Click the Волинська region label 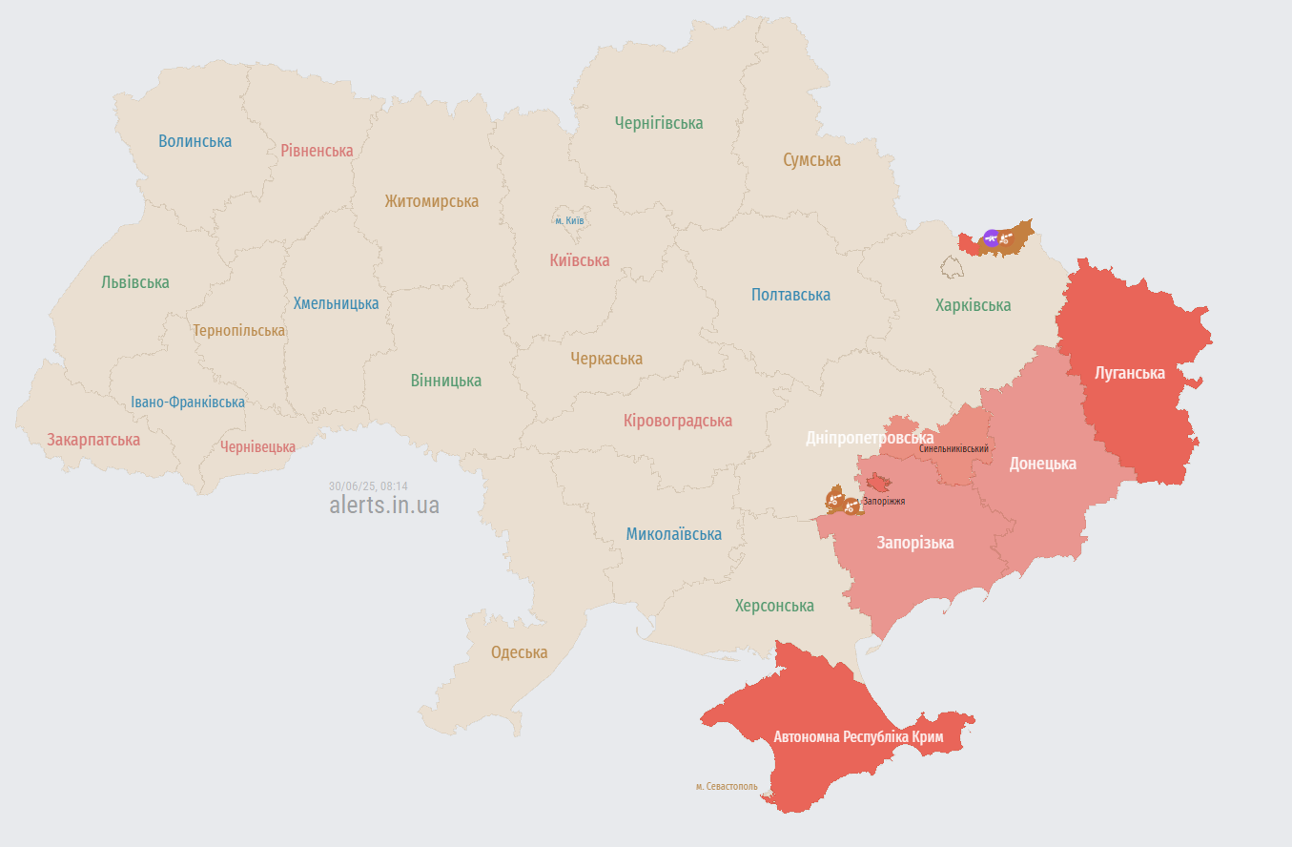point(195,141)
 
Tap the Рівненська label point(317,151)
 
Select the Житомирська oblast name point(431,201)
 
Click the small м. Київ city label point(569,221)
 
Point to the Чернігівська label point(658,123)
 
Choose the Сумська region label point(811,159)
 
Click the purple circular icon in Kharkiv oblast point(991,238)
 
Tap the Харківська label point(973,305)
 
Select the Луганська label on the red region point(1130,373)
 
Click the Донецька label point(1042,464)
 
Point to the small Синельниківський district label point(954,448)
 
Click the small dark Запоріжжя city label point(883,501)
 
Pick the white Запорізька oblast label point(914,543)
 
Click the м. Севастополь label point(727,787)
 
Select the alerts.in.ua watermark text point(384,505)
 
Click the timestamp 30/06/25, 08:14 point(368,485)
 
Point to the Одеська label point(519,652)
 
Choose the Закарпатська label point(93,440)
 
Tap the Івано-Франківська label point(188,403)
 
